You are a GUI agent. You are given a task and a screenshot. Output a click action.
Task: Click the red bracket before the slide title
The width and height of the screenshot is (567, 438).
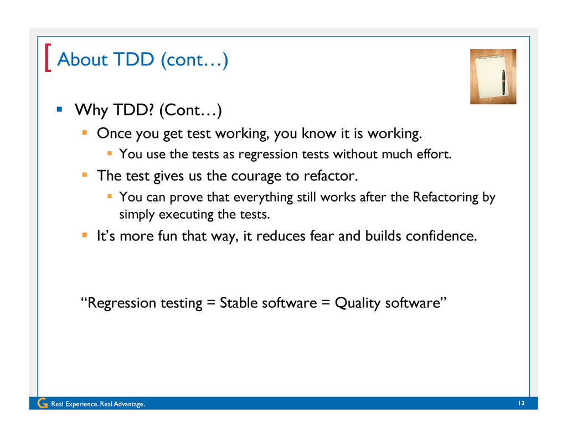(x=48, y=58)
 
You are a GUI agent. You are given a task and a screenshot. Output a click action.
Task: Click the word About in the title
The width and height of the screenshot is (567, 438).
(x=83, y=59)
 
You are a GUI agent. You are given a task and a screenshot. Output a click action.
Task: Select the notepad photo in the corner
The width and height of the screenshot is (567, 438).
(x=493, y=76)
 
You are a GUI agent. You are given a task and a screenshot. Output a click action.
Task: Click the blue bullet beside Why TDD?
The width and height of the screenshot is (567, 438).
(x=59, y=109)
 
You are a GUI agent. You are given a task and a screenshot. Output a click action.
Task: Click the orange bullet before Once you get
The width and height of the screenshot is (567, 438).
(x=85, y=132)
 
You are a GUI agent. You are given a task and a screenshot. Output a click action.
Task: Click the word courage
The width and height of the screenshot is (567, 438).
(x=256, y=177)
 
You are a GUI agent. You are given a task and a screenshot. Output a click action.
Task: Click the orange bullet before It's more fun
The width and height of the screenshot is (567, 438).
(x=85, y=235)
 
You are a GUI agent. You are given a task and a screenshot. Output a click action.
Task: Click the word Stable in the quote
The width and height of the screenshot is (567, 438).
(x=239, y=303)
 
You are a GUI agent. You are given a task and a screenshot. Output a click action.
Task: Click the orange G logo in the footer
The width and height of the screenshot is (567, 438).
(x=42, y=403)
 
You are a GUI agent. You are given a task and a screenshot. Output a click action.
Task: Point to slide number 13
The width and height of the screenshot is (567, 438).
(x=521, y=403)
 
